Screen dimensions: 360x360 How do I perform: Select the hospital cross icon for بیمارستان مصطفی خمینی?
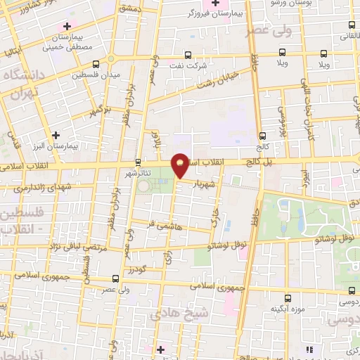point(67,27)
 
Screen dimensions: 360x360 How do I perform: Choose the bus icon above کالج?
point(262,136)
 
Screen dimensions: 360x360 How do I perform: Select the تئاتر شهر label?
point(137,172)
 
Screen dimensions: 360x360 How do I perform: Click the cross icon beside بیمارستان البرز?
point(56,134)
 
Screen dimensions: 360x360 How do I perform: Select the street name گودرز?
point(139,270)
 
